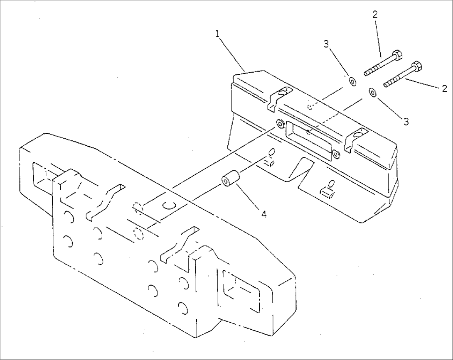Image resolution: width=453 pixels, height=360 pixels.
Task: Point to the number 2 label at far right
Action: point(444,88)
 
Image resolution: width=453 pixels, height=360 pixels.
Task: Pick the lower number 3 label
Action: point(406,122)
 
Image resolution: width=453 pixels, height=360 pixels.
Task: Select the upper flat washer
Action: point(352,82)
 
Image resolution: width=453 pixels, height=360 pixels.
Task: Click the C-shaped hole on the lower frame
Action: point(169,205)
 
